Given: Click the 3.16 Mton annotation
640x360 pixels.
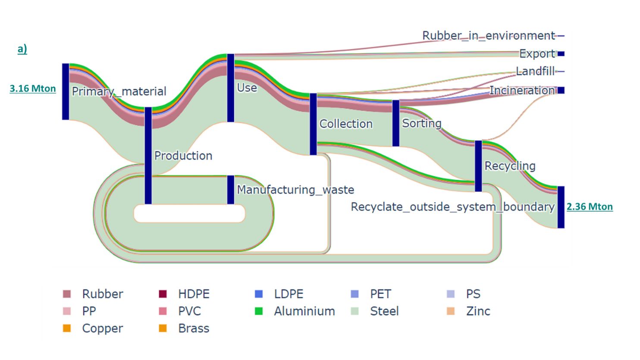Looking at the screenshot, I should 33,88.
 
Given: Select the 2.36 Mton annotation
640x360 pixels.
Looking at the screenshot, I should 589,207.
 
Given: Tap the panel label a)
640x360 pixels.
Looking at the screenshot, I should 22,49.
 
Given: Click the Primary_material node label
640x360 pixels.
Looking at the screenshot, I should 119,91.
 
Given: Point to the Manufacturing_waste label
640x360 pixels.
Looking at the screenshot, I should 295,190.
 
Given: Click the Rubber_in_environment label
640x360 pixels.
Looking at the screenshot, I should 488,35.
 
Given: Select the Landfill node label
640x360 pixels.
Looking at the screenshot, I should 535,71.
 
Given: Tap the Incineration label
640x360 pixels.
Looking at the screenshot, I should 522,91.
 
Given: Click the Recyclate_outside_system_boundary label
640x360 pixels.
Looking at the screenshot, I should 452,207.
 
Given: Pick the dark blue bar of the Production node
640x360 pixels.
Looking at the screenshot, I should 148,155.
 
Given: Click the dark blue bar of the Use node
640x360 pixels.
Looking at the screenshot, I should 231,88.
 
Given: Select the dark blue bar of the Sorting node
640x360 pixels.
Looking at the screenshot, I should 395,123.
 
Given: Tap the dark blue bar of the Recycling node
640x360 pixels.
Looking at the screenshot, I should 478,166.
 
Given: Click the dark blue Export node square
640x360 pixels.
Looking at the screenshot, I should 561,54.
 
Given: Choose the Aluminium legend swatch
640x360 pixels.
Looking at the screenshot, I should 259,311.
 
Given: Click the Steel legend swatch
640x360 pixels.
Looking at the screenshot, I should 355,311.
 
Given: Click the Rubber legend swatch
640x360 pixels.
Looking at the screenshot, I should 67,294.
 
